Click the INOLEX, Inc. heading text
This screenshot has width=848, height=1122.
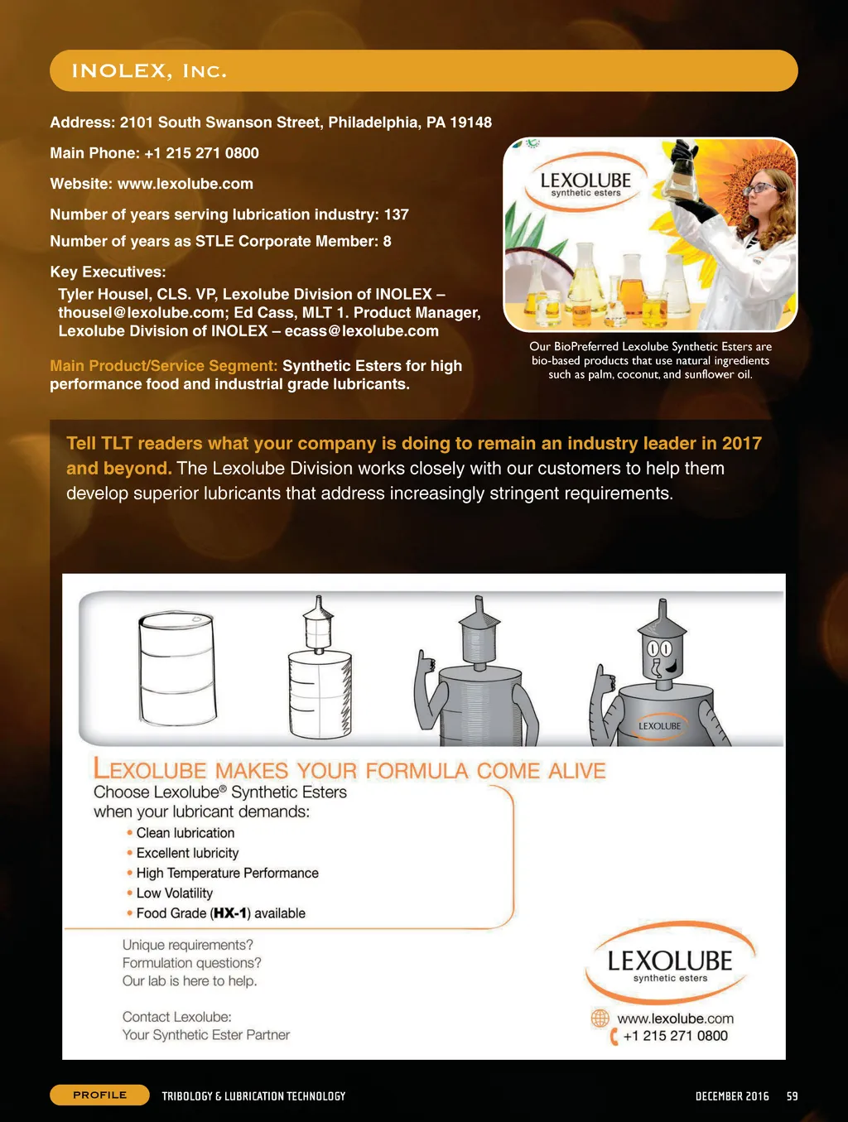(149, 71)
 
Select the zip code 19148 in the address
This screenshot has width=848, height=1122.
(470, 123)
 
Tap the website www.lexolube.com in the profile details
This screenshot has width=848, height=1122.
(185, 184)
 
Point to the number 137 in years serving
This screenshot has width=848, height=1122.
(396, 214)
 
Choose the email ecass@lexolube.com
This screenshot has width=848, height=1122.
(361, 331)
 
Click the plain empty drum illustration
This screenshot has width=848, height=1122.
(176, 668)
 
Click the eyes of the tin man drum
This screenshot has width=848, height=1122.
(659, 648)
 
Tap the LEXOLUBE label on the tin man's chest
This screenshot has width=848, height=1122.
(660, 726)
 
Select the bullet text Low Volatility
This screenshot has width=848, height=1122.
(174, 893)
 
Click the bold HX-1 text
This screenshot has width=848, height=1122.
(230, 913)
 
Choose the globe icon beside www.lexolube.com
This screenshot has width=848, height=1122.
(600, 1018)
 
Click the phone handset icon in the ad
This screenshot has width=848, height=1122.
(614, 1036)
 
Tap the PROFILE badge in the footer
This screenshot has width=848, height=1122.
(99, 1095)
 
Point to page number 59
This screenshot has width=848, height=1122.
(793, 1096)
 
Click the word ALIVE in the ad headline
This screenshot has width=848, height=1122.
(577, 771)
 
